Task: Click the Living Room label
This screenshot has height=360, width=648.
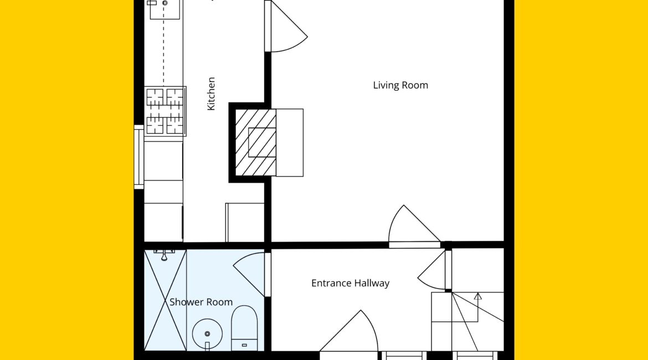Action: (x=400, y=85)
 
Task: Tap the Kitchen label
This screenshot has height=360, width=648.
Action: (x=211, y=94)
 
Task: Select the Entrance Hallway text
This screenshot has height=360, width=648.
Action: (x=350, y=284)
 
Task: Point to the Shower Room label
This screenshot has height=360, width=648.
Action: (x=201, y=302)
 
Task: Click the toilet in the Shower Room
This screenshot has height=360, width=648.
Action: (x=244, y=328)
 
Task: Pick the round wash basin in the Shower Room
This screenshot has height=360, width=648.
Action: (x=208, y=333)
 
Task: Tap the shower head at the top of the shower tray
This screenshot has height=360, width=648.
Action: (x=164, y=255)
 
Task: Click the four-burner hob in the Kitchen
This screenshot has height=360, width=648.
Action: (x=165, y=111)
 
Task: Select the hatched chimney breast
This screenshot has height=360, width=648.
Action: (x=255, y=142)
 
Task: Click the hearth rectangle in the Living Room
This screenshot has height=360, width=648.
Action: (x=290, y=142)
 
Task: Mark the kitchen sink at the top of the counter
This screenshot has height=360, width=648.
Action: (x=164, y=9)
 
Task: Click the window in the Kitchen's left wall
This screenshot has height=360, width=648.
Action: (x=139, y=157)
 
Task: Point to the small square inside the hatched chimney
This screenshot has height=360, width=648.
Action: (x=262, y=142)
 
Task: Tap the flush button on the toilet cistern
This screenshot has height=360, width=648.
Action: (x=244, y=345)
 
